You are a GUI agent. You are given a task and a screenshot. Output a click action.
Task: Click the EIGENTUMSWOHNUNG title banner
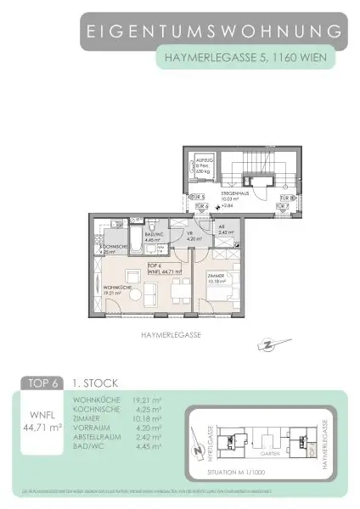tap(217, 32)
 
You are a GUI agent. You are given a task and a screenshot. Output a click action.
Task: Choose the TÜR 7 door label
tap(284, 205)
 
